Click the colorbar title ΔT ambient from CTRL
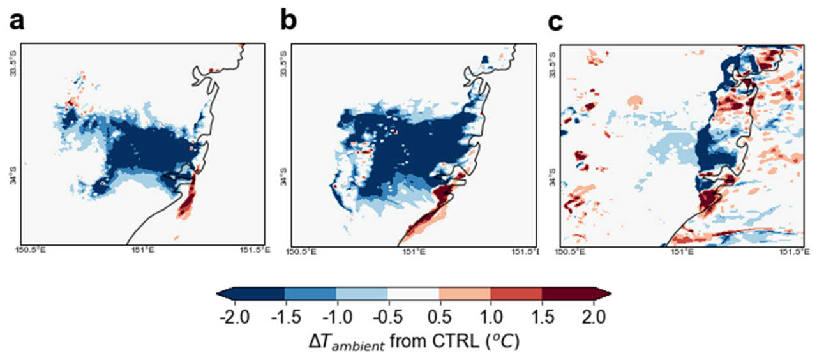(x=414, y=342)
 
